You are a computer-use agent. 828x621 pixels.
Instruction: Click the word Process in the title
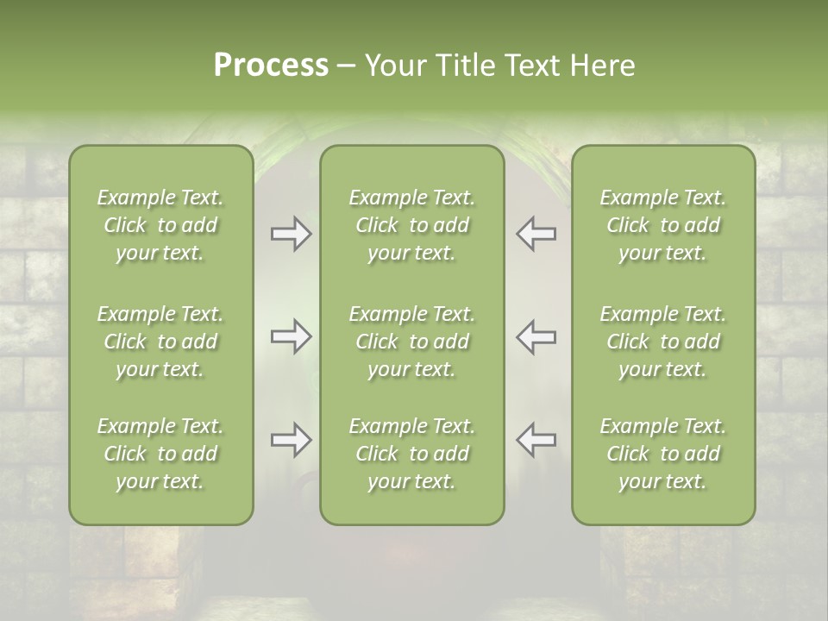click(x=271, y=66)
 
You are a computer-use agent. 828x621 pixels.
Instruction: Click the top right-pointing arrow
click(x=292, y=234)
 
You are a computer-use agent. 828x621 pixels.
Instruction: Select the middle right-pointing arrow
click(x=292, y=337)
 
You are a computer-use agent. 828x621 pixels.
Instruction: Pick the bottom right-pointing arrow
click(x=292, y=440)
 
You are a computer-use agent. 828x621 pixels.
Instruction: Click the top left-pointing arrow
click(x=536, y=234)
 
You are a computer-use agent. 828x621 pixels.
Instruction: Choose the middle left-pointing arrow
click(x=536, y=337)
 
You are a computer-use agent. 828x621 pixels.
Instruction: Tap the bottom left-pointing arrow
click(x=536, y=440)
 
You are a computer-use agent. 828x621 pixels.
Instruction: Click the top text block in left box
click(x=160, y=225)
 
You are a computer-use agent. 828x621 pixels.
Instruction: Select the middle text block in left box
click(x=160, y=342)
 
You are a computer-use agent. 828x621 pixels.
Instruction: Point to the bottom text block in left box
click(x=160, y=454)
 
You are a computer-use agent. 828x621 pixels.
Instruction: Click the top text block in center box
click(x=412, y=225)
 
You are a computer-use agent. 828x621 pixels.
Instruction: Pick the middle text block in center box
click(x=412, y=342)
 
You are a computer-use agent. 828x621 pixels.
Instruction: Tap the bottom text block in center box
click(x=412, y=454)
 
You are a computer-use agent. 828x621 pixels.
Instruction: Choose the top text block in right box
click(x=663, y=225)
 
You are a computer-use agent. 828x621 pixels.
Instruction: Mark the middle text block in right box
click(x=663, y=342)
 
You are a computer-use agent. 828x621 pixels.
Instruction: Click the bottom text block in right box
click(x=663, y=454)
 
